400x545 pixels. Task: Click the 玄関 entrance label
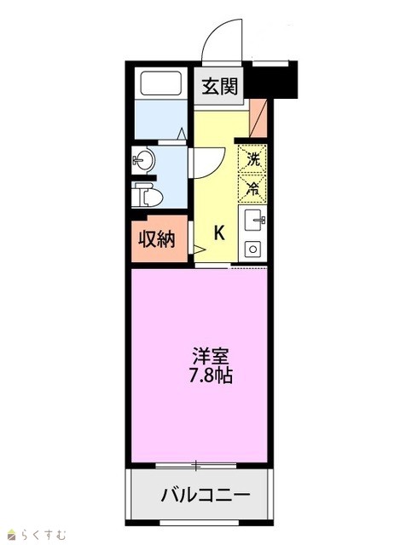[220, 86]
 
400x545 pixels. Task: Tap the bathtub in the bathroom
[161, 83]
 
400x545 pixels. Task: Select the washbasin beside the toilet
[143, 160]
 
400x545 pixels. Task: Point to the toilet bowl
[149, 196]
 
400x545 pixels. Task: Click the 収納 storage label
[157, 239]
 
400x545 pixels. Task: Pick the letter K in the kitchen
[219, 232]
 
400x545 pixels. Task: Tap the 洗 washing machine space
[252, 158]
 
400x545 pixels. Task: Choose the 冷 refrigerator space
[252, 188]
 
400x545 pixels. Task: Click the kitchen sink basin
[255, 220]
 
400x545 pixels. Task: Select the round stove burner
[253, 250]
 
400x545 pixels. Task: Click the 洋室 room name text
[211, 357]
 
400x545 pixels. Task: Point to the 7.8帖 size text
[211, 376]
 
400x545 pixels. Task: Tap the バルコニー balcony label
[206, 494]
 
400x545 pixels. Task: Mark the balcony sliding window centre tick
[196, 466]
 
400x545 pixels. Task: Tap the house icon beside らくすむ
[13, 535]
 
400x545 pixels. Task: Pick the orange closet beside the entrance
[258, 118]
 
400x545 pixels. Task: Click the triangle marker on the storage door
[200, 250]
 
